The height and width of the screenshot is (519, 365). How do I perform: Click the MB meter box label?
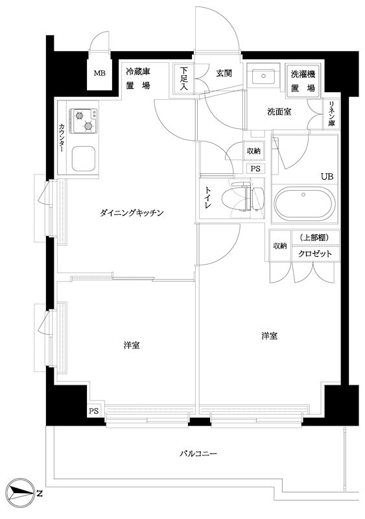click(99, 73)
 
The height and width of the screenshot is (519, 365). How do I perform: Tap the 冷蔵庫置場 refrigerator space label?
click(137, 78)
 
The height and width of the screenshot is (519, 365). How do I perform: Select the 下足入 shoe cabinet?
click(184, 79)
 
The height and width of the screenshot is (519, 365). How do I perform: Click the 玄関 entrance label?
click(224, 73)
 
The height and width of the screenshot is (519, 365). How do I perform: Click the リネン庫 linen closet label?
click(331, 113)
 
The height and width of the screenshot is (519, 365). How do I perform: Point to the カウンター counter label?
click(62, 138)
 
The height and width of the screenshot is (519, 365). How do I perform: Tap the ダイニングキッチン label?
click(134, 212)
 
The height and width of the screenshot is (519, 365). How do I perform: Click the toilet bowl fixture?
click(235, 197)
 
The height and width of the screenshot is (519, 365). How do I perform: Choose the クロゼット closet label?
click(315, 254)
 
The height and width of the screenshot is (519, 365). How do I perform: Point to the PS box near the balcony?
click(94, 411)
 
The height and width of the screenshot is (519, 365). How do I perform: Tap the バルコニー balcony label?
click(198, 453)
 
